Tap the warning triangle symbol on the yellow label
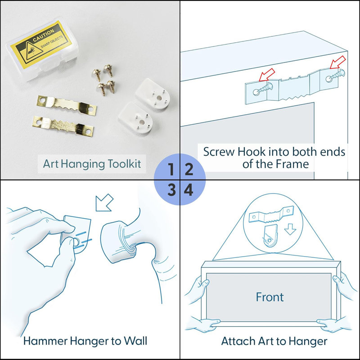32,51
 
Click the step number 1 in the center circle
171,169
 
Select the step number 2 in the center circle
189,169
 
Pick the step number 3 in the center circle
171,190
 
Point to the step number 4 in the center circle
188,190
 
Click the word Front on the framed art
270,297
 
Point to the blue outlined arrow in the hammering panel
104,203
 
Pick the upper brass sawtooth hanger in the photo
67,106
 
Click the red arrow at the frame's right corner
338,62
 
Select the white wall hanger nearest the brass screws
153,94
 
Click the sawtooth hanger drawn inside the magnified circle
271,215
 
